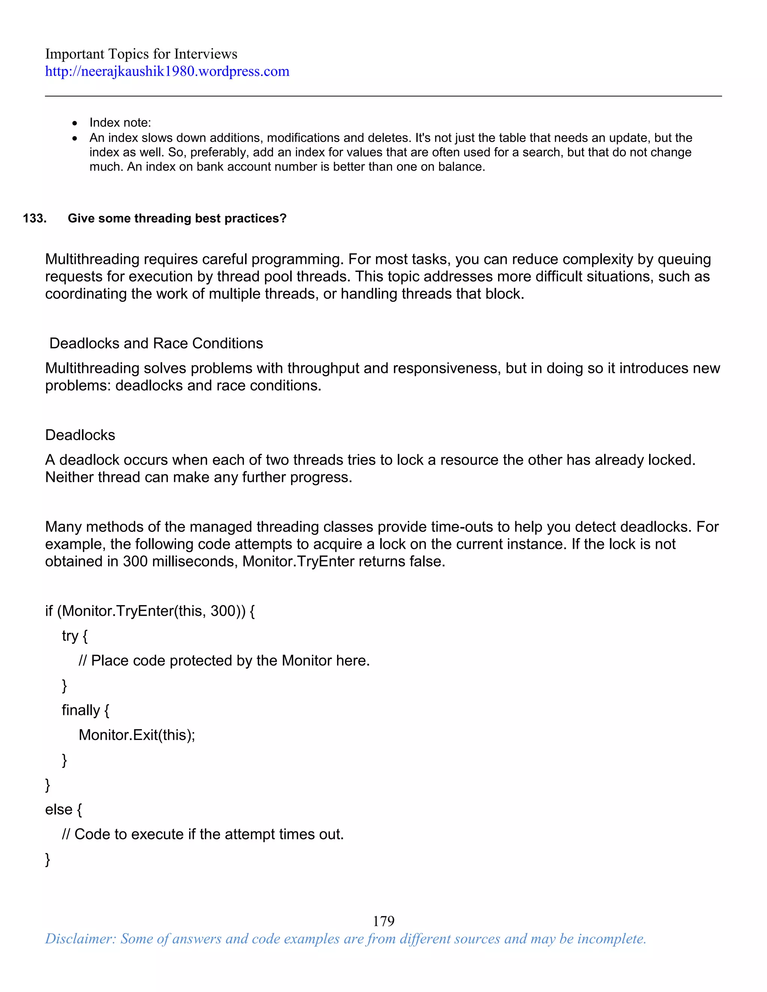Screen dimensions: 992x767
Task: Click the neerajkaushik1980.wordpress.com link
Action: point(167,71)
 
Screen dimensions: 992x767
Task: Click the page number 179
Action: point(383,921)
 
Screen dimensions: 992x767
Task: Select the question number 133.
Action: point(34,219)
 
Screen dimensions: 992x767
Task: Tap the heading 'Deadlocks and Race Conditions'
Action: point(156,343)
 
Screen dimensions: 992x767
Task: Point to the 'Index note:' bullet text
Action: point(120,123)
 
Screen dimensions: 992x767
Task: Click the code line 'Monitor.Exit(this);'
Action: point(136,735)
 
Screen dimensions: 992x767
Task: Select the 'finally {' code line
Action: point(85,710)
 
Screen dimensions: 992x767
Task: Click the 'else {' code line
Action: point(63,809)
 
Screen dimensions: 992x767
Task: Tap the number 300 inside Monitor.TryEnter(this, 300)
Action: point(223,611)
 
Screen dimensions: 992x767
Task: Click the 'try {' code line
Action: point(74,636)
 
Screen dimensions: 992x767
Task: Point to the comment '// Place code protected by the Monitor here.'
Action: point(224,660)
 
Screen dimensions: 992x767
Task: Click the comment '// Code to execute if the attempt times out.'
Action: point(203,834)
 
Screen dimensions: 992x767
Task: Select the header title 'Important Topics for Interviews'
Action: point(141,54)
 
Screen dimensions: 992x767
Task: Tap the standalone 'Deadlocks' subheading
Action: point(80,435)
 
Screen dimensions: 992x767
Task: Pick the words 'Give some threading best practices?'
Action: point(177,219)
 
